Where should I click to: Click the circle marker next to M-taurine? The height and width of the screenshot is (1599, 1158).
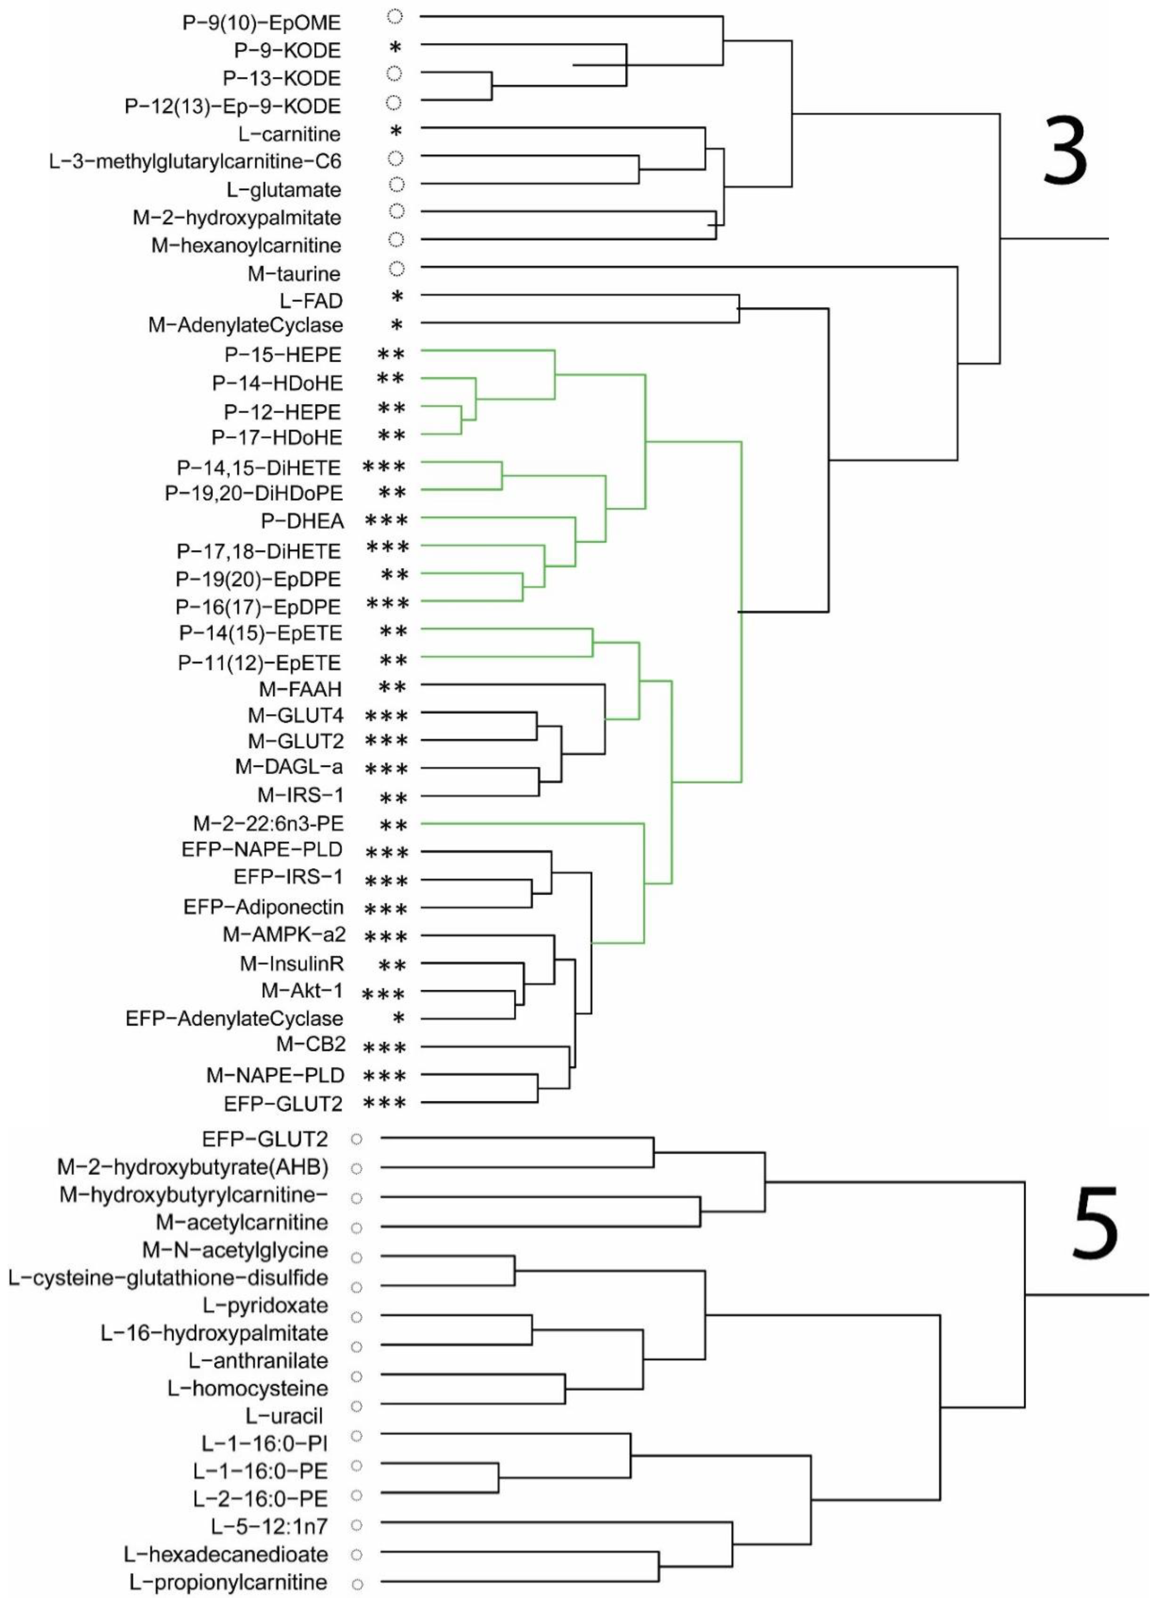397,269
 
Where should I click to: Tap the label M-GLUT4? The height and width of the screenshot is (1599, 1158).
295,716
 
